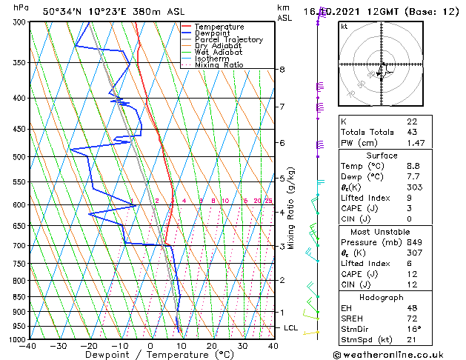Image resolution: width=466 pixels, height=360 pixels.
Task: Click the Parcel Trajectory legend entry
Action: click(x=229, y=40)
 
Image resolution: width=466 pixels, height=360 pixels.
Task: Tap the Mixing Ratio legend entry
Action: click(x=219, y=65)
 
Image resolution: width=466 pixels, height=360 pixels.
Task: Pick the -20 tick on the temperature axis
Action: click(x=90, y=346)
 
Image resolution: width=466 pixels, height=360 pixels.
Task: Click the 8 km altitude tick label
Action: click(x=282, y=70)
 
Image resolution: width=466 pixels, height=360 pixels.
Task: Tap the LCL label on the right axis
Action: click(x=290, y=327)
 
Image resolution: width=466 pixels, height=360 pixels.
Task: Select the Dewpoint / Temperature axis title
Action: click(x=150, y=355)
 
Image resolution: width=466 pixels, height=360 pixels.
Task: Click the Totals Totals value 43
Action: click(x=411, y=132)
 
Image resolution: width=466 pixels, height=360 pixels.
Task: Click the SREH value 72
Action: click(x=411, y=318)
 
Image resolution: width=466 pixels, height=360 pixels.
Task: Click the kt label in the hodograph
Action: click(x=344, y=27)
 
